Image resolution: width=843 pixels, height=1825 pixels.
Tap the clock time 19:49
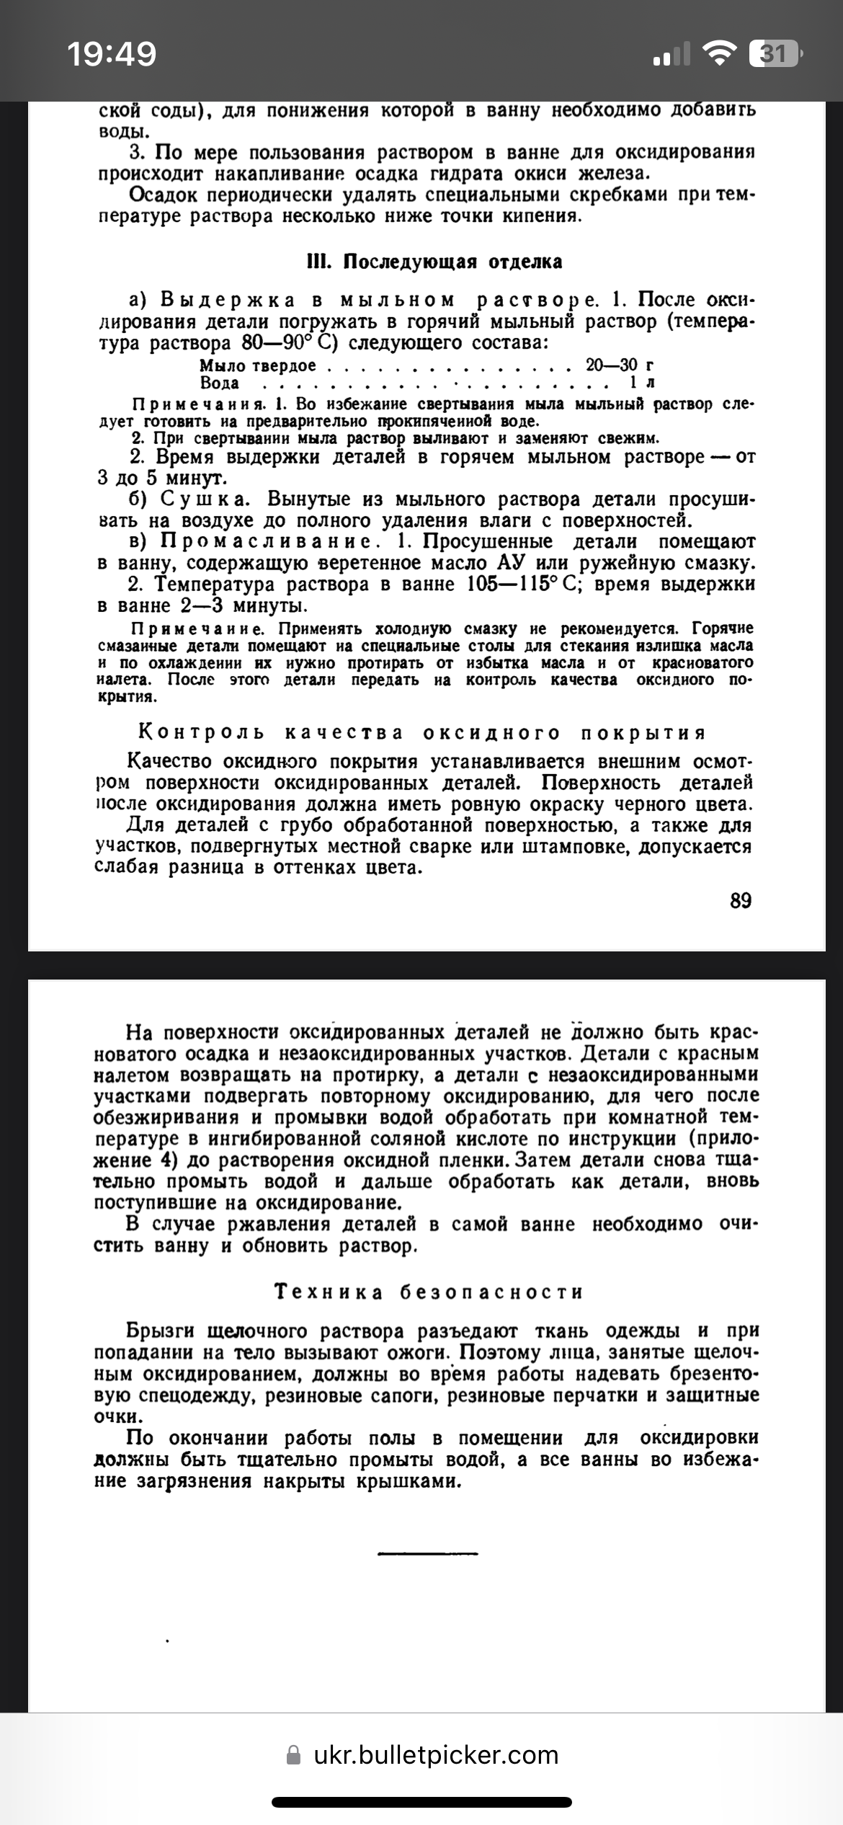coord(112,54)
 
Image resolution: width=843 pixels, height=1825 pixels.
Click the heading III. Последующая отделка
coord(434,261)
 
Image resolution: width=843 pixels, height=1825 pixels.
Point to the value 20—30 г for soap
coord(619,365)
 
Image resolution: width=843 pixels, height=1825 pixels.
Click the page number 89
coord(741,900)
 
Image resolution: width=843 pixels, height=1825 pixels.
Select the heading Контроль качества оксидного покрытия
coord(421,733)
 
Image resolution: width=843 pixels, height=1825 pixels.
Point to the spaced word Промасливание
coord(267,541)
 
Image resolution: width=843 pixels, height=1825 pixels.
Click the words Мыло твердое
coord(257,365)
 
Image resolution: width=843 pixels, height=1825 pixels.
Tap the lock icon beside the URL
coord(293,1754)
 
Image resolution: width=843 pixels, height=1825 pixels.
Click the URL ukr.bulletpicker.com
coord(436,1754)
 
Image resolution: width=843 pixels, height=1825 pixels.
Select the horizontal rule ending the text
coord(427,1552)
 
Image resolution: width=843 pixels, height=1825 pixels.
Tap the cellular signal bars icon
coord(671,54)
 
